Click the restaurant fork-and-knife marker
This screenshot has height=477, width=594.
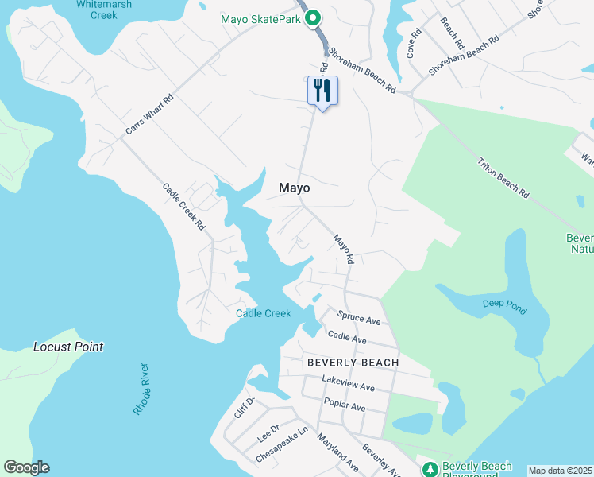coord(322,89)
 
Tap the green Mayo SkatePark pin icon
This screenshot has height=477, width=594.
coord(313,17)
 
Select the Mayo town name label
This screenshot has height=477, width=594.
coord(294,188)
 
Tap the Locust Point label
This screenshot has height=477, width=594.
coord(68,347)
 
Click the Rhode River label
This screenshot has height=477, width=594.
coord(141,389)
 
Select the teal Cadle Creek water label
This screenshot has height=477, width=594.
coord(264,313)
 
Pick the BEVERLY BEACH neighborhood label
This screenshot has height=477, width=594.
coord(353,362)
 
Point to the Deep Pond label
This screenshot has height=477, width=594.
coord(504,305)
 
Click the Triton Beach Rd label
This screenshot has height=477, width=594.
coord(503,178)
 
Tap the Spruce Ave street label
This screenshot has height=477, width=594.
coord(360,318)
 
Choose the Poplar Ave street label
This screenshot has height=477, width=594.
coord(344,406)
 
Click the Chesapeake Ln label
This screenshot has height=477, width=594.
coord(281,446)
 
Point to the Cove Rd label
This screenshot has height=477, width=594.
coord(413,45)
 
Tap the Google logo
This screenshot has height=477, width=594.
coord(26,467)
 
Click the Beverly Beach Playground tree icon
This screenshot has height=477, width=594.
coord(430,468)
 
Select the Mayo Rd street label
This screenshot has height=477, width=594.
coord(343,249)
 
